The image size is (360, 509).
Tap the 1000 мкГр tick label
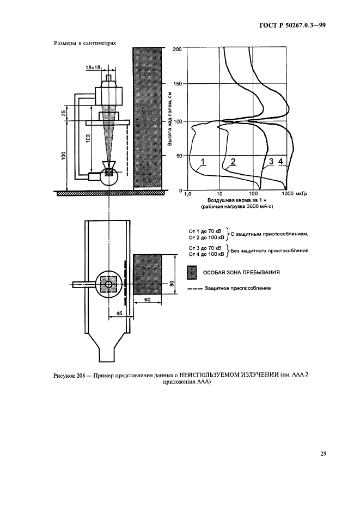[x=295, y=194]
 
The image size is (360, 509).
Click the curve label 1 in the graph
[x=203, y=162]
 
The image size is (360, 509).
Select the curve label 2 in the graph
[x=233, y=162]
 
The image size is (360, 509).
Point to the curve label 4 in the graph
[x=281, y=162]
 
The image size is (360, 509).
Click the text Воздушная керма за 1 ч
[x=235, y=201]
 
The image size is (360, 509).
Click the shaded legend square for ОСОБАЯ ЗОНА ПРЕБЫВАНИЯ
[x=191, y=272]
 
